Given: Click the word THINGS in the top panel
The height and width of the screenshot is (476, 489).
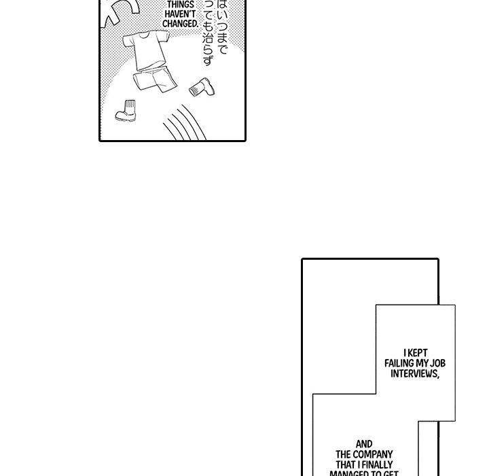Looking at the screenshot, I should coord(180,3).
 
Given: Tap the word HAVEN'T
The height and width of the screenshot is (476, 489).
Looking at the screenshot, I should coord(180,13).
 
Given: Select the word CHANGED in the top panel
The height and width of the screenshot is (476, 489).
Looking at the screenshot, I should coord(180,22).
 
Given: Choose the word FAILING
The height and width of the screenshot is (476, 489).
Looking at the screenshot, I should coord(401,364).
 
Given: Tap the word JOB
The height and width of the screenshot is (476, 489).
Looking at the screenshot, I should coord(437,364).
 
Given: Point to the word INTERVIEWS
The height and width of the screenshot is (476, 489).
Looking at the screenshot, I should coord(414,374).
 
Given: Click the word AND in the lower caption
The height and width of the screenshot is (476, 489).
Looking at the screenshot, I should coord(364,444).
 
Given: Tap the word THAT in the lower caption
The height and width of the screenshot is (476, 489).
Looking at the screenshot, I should coord(344,464).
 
